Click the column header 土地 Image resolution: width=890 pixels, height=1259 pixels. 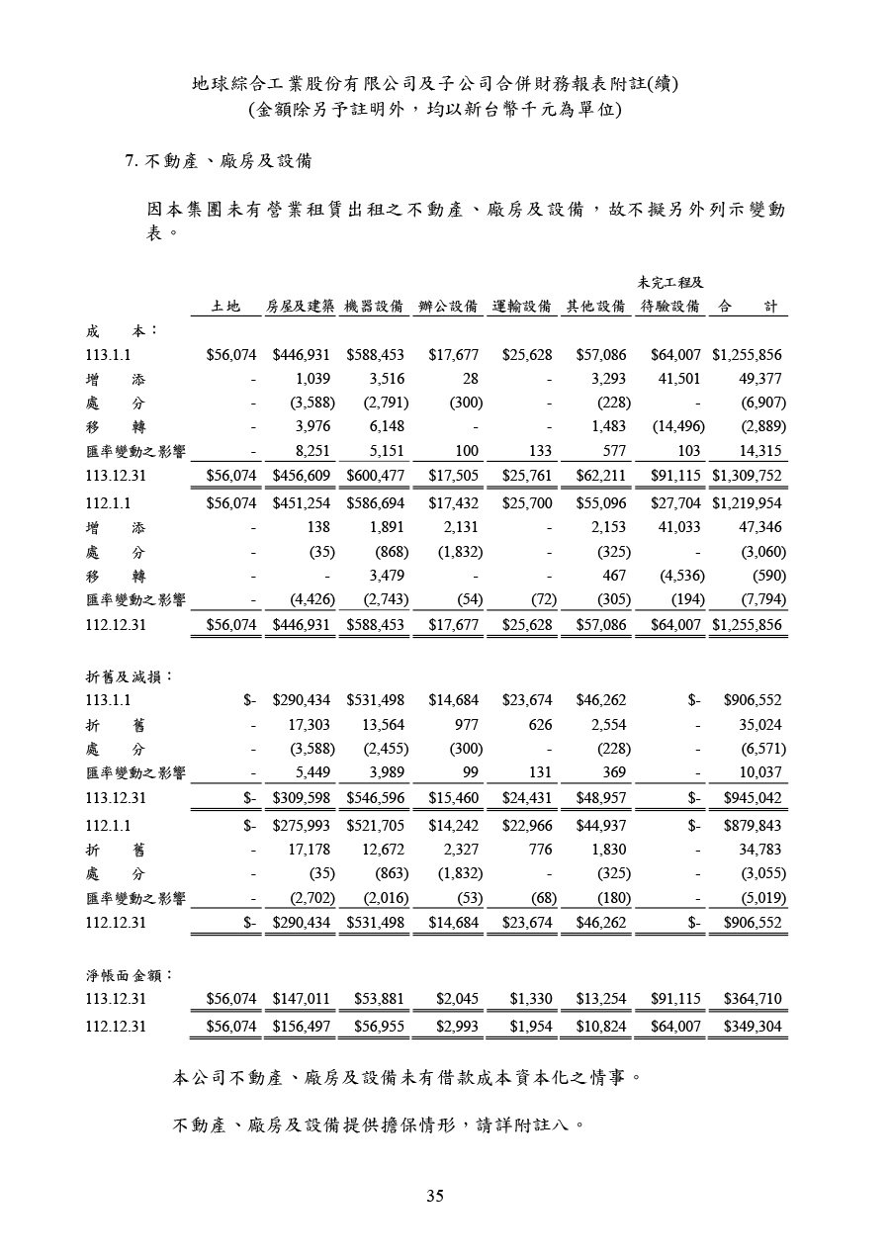(227, 307)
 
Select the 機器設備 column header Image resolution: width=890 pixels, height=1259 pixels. (375, 307)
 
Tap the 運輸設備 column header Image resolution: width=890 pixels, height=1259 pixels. (522, 307)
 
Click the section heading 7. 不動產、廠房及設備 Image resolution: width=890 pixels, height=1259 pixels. (220, 161)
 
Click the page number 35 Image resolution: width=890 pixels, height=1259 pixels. (435, 1196)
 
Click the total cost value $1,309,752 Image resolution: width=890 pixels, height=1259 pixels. (747, 475)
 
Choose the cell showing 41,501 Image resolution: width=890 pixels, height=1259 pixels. (679, 378)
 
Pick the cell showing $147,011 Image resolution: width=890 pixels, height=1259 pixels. (301, 1000)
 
